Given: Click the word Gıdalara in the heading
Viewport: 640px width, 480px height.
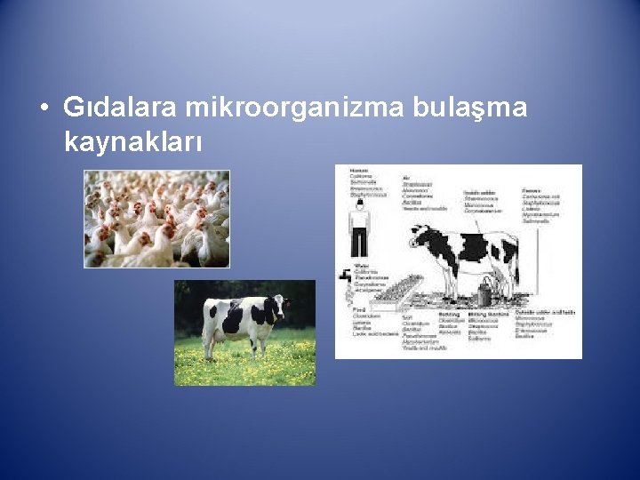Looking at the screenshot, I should (121, 108).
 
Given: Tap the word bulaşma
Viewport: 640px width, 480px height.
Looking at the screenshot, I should (470, 108).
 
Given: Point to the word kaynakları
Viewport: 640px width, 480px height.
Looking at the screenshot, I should (133, 140).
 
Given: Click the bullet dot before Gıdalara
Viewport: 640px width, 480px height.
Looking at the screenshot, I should (44, 109).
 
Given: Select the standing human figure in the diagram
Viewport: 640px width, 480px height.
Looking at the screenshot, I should (359, 228).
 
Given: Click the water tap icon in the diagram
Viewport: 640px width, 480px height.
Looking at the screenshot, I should (345, 276).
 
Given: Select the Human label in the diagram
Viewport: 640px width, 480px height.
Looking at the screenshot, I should (359, 170).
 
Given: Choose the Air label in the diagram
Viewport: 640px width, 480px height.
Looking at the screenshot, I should (406, 176).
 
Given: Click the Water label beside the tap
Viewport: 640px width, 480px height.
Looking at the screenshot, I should (361, 265).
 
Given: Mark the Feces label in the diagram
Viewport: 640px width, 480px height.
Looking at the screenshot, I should (532, 189).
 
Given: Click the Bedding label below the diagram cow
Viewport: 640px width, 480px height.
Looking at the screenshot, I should (449, 314).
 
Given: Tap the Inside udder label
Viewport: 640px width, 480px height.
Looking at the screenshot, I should (481, 191).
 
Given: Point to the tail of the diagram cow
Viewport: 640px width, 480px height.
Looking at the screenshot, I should (515, 258).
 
